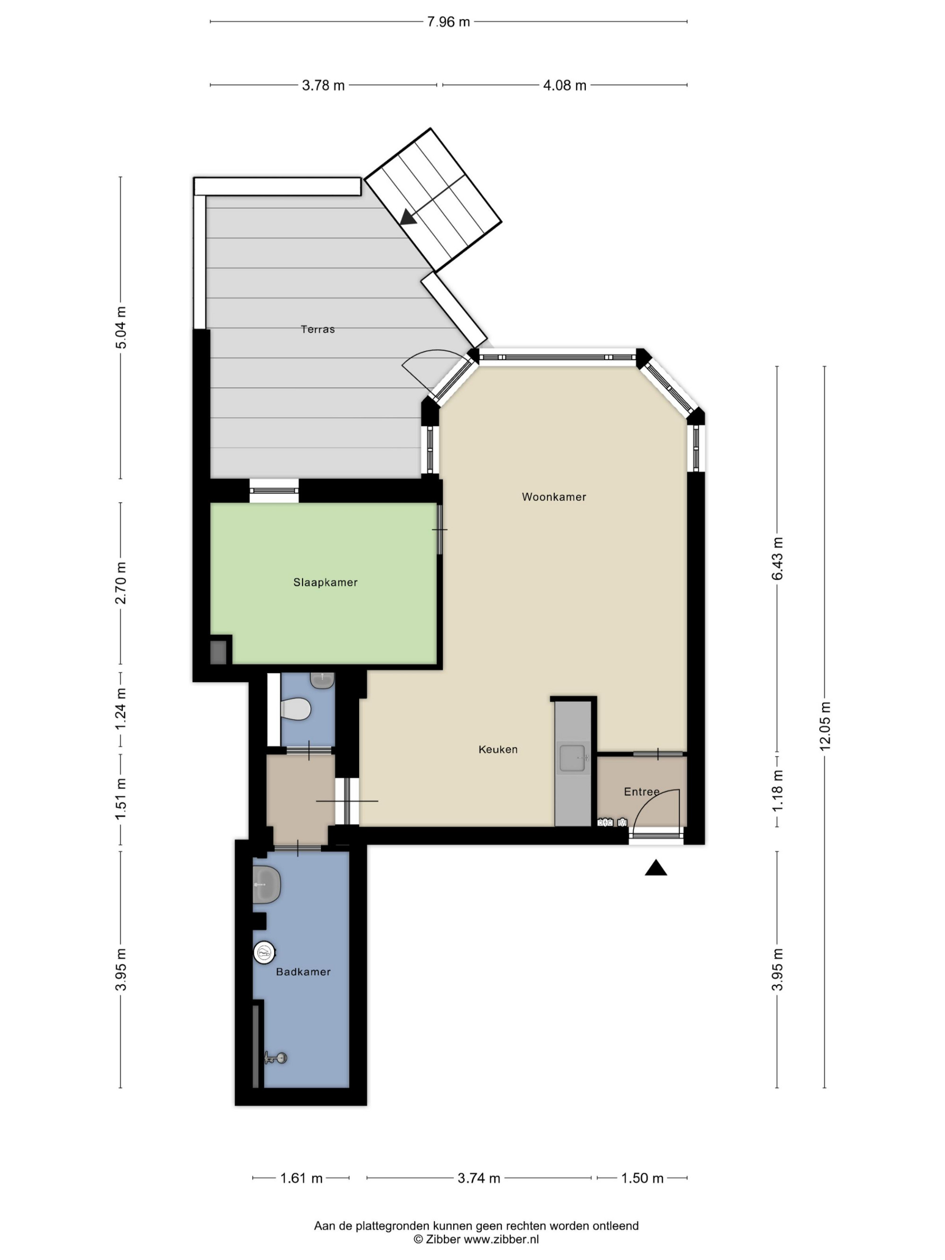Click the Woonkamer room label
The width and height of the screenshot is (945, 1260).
(x=554, y=497)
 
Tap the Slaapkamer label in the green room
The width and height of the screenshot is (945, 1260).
(x=325, y=582)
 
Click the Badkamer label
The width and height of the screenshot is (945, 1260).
(x=303, y=972)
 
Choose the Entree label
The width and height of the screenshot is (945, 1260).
(x=641, y=792)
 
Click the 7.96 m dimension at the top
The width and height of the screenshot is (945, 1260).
(x=448, y=22)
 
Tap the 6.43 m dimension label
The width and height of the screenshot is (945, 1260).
(x=778, y=558)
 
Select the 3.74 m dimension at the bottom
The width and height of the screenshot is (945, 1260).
(x=479, y=1178)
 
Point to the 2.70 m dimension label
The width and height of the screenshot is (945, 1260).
(x=121, y=583)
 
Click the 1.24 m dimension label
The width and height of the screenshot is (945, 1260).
(x=121, y=709)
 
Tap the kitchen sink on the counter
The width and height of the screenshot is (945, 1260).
(x=573, y=758)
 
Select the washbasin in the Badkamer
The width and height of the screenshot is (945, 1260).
(x=266, y=884)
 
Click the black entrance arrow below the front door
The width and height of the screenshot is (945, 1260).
(x=656, y=867)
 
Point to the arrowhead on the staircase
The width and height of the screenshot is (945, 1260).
(x=408, y=217)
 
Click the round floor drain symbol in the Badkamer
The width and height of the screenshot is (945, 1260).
(x=264, y=952)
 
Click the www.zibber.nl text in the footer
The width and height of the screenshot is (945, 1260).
(x=501, y=1239)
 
